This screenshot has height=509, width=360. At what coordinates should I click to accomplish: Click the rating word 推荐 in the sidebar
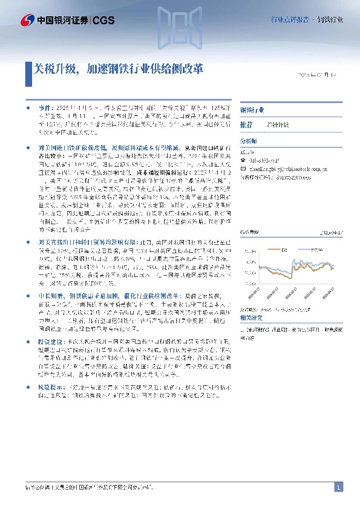click(247, 124)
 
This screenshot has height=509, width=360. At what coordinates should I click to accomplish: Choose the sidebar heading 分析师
click(249, 141)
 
